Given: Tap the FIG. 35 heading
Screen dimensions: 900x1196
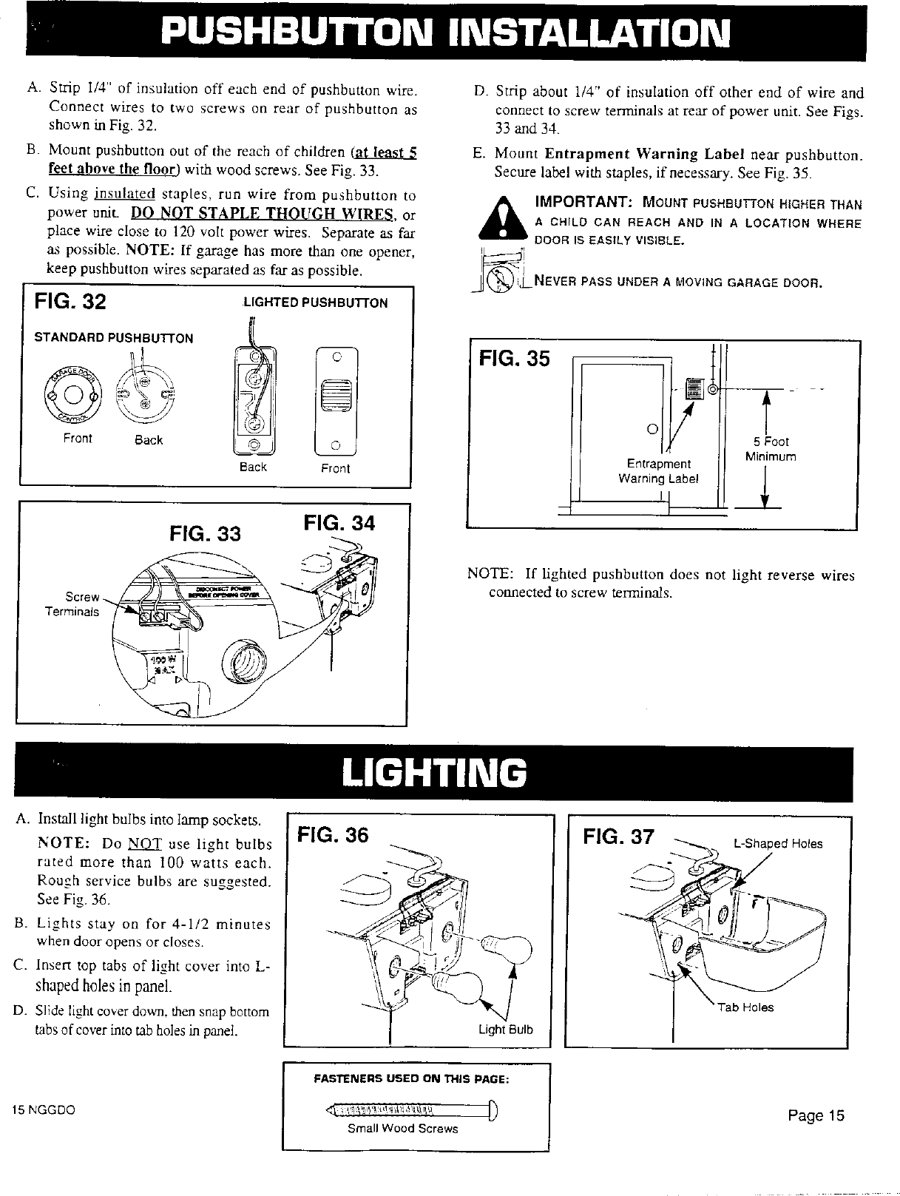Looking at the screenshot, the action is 515,359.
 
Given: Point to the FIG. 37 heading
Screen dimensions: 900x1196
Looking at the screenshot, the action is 618,837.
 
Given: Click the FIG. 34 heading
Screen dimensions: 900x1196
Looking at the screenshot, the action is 339,523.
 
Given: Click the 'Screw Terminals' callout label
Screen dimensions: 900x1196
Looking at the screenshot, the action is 81,604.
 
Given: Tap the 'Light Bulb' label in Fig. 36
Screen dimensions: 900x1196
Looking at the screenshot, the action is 505,1030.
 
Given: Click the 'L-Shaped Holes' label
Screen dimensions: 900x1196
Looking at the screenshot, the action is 777,844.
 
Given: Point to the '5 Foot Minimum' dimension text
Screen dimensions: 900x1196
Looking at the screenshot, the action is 771,449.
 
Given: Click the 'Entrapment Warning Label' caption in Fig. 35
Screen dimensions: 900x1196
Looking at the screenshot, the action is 658,470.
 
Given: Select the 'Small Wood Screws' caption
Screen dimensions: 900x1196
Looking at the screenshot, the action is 403,1129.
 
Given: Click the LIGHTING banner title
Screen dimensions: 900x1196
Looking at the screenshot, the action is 435,774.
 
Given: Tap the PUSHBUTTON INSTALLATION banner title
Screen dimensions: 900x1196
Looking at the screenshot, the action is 448,31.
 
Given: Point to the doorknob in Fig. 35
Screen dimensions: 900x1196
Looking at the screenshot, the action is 652,428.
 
